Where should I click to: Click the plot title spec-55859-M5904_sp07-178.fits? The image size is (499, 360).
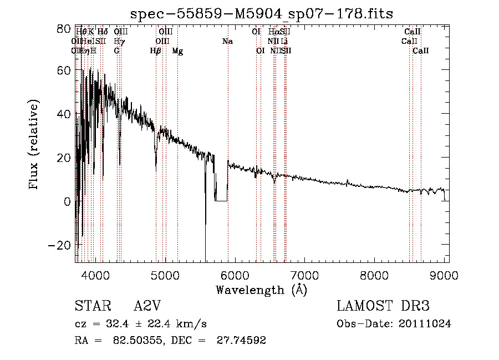click(261, 14)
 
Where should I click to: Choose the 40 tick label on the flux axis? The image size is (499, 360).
click(64, 114)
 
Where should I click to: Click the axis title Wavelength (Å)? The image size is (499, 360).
click(261, 290)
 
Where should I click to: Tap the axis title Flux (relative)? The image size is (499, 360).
click(34, 145)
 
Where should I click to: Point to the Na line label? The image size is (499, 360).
click(227, 42)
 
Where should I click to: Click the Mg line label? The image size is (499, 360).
click(177, 51)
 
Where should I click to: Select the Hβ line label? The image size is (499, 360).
click(156, 51)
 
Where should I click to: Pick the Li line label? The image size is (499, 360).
click(284, 42)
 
